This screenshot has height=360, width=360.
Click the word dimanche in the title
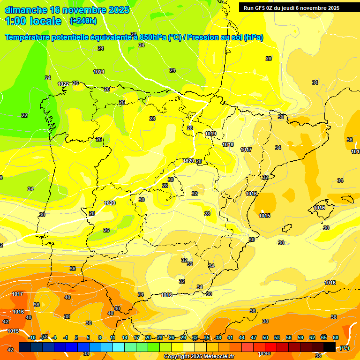[x=26, y=10]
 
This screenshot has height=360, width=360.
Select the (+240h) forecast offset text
[x=83, y=21]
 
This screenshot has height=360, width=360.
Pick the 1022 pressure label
[x=64, y=84]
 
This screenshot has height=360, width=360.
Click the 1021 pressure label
[x=99, y=72]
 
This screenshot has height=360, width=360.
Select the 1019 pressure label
[x=210, y=134]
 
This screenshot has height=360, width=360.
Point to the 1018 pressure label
[x=228, y=144]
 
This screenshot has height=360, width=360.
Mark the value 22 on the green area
[x=24, y=115]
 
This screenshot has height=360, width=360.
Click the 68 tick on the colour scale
[x=336, y=337]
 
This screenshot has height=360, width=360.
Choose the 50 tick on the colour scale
[x=265, y=337]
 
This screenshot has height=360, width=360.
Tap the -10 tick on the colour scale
[x=32, y=337]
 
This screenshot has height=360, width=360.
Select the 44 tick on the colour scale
[x=242, y=337]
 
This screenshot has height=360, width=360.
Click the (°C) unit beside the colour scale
[x=345, y=348]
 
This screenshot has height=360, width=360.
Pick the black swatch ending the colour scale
[x=330, y=347]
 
